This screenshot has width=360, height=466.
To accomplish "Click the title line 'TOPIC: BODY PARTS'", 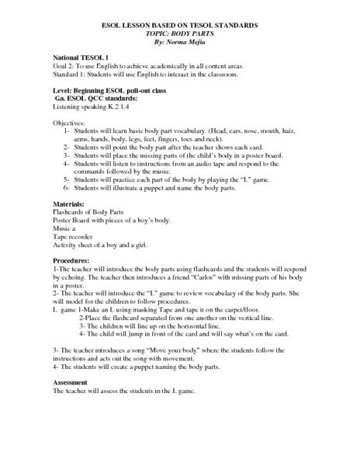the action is [x=180, y=36].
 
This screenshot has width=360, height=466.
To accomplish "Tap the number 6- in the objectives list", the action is [x=67, y=190].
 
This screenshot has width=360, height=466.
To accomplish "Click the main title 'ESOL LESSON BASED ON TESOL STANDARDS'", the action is [x=180, y=26].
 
